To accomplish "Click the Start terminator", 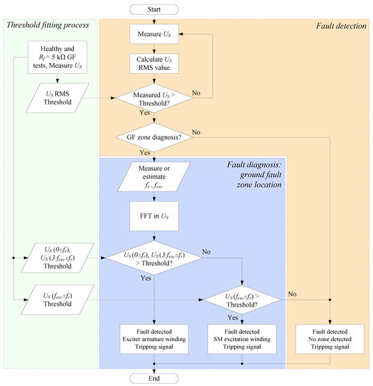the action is [x=154, y=9].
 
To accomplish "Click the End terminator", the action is [x=154, y=379].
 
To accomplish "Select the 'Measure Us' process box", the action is [x=154, y=34].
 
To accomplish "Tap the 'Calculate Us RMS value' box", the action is [x=154, y=64].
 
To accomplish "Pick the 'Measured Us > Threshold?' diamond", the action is [x=154, y=98].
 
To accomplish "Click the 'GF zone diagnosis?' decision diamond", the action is [x=154, y=137].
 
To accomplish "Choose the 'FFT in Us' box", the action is [x=154, y=216].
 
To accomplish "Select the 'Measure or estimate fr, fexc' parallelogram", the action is [x=154, y=176].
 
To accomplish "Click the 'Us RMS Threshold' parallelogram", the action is [x=58, y=98].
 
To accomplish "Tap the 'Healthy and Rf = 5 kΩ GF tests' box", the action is [x=58, y=57].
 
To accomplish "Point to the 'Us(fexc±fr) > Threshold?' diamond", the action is [x=242, y=300].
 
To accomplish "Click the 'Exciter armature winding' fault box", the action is [x=154, y=339].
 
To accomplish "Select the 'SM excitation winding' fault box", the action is [x=242, y=339].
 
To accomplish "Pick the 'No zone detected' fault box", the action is [x=330, y=339].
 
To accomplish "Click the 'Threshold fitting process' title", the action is [x=47, y=25].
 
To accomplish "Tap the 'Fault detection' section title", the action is [x=341, y=26].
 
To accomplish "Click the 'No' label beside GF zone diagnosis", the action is [x=196, y=132].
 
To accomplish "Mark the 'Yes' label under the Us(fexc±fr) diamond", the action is [x=233, y=317].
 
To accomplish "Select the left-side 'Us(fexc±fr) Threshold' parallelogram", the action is [x=58, y=300].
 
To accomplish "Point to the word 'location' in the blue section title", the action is [x=269, y=185].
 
